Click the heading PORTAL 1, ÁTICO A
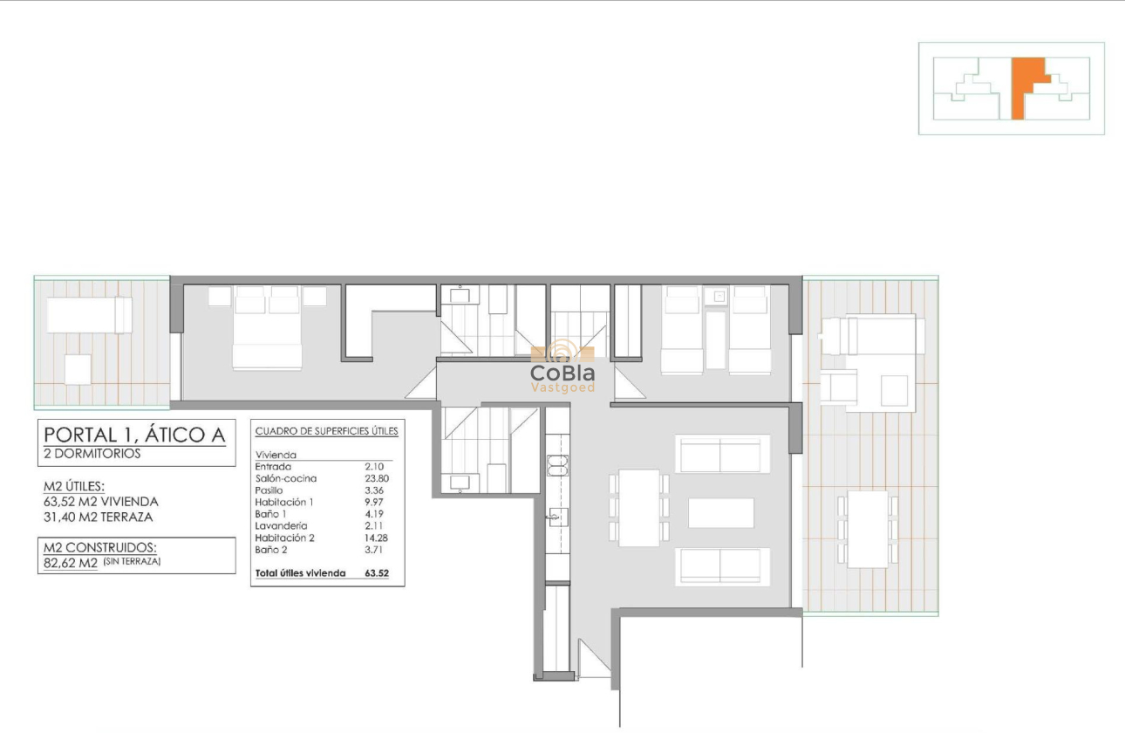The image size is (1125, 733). tap(134, 434)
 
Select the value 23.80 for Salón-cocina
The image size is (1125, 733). tap(374, 478)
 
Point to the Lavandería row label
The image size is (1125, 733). tap(281, 526)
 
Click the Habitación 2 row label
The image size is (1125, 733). tap(284, 538)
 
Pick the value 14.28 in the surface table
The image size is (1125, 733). tap(374, 538)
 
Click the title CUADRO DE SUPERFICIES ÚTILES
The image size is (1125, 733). tap(326, 431)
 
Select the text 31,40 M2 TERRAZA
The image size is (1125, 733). tap(98, 517)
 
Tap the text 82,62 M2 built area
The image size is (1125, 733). tap(70, 563)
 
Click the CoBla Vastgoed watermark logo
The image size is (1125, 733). tap(562, 369)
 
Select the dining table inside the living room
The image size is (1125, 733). tap(639, 507)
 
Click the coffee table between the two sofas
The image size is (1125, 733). tap(720, 512)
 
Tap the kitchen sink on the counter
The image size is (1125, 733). tap(556, 516)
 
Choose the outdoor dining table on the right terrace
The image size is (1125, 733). tap(867, 529)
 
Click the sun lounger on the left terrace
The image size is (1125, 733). tap(88, 314)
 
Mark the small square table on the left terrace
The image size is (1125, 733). tap(78, 369)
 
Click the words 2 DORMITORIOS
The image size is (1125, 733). tap(92, 454)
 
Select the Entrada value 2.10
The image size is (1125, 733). tap(374, 467)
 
